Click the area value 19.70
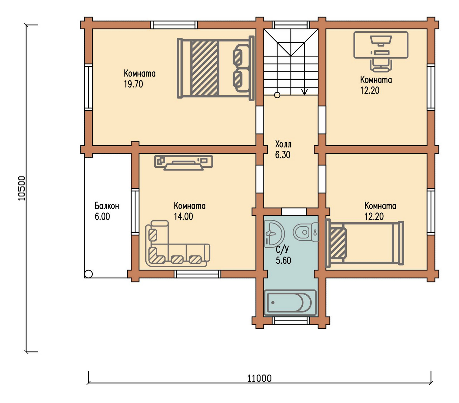[x=133, y=84]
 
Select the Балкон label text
[x=107, y=206]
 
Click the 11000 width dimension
[x=259, y=378]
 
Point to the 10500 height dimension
[x=22, y=188]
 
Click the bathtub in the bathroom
[x=290, y=302]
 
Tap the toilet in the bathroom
[x=306, y=232]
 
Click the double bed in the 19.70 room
[x=215, y=68]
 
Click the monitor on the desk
[x=381, y=41]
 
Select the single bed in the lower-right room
[x=364, y=243]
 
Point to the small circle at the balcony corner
[x=88, y=274]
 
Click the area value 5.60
[x=283, y=261]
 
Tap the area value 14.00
[x=183, y=216]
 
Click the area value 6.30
[x=282, y=155]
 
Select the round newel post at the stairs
[x=277, y=95]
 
